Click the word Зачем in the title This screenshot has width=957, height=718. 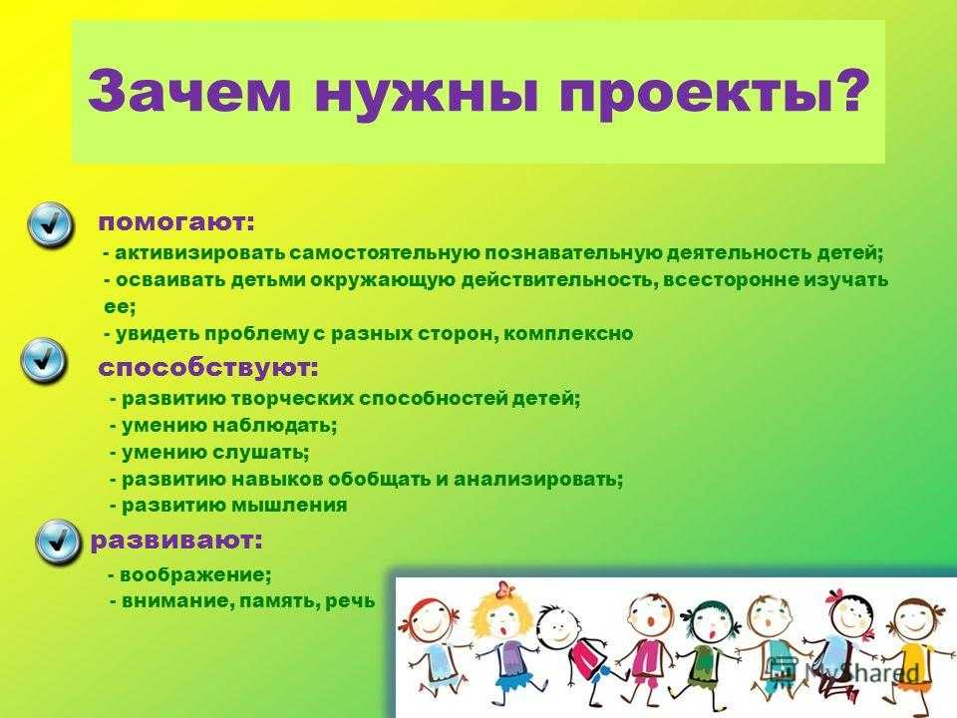point(189,91)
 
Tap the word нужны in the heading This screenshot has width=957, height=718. point(426,93)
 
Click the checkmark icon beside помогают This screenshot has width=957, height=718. point(50,224)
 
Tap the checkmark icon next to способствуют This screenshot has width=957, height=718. point(43,360)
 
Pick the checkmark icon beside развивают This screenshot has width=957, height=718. point(58,540)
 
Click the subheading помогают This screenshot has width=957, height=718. point(176,223)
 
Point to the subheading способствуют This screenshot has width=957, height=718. point(208,368)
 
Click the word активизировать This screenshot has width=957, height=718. point(199,252)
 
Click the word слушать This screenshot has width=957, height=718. point(260,453)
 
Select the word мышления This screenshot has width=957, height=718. point(289,507)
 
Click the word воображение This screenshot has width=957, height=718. point(195,574)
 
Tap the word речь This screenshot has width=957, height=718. point(350,601)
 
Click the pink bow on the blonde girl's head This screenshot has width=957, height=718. point(504,589)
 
